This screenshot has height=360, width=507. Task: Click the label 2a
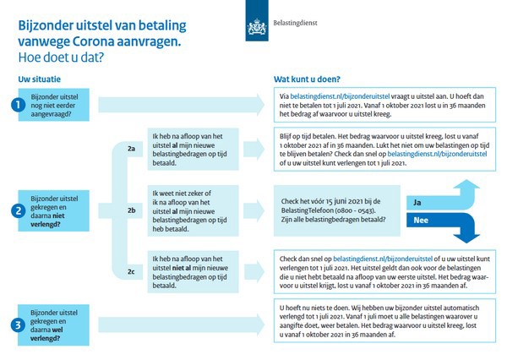pos(130,149)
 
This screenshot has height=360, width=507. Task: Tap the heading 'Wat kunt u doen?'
pos(306,79)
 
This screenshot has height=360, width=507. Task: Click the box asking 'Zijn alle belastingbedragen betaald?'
pos(334,210)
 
